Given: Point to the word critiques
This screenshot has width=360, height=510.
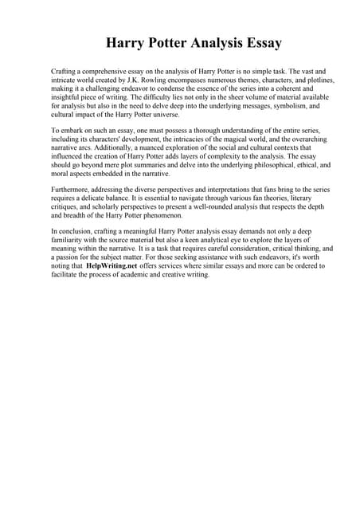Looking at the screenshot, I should (67, 207).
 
